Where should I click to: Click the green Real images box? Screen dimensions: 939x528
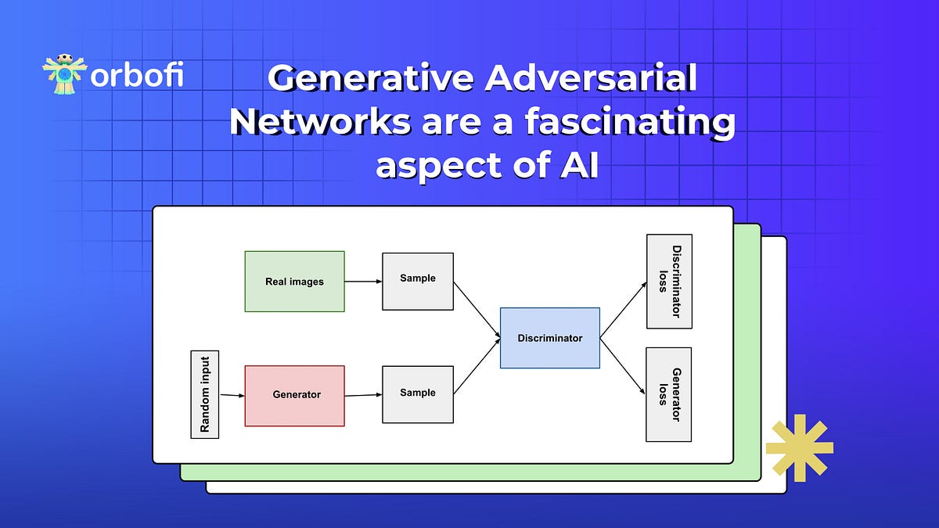(x=295, y=282)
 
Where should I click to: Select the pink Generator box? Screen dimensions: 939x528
(x=295, y=396)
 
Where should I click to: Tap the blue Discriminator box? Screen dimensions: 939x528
(x=550, y=338)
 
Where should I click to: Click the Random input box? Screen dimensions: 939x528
(x=204, y=395)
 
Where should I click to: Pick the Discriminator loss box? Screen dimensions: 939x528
(x=670, y=281)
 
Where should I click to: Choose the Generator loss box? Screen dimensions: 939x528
(x=668, y=395)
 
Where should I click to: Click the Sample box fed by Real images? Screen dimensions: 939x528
(x=418, y=282)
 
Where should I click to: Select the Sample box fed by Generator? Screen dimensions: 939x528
(x=418, y=395)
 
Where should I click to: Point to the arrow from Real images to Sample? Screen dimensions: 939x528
(x=363, y=282)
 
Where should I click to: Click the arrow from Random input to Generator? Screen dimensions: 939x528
(x=232, y=395)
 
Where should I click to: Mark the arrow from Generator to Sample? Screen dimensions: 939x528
(x=363, y=395)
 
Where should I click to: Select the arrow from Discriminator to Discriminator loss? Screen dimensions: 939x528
(x=624, y=310)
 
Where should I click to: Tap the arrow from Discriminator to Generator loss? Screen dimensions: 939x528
(x=623, y=366)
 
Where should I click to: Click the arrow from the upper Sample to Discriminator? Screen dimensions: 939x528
(x=477, y=310)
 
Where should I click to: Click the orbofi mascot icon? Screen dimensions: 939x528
(x=64, y=74)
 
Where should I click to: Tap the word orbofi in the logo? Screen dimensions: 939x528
(x=137, y=75)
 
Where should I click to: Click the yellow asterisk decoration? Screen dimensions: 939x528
(x=800, y=448)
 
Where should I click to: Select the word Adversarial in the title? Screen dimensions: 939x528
(x=591, y=77)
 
